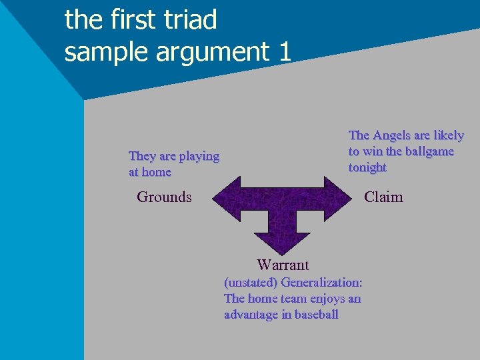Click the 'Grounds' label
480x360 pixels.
point(164,197)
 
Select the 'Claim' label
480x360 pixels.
point(383,197)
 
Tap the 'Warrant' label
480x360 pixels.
point(283,265)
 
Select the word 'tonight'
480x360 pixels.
point(367,167)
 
